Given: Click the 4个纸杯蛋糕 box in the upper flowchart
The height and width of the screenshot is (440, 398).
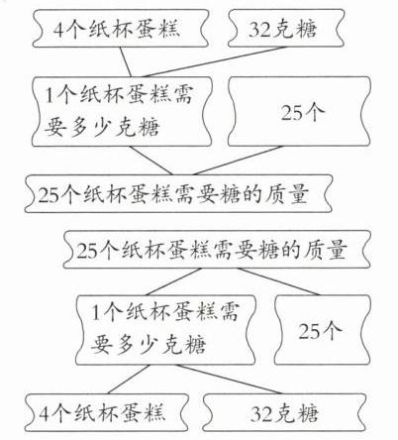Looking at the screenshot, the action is click(x=121, y=29).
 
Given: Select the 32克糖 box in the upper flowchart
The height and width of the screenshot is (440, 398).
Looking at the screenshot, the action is click(x=286, y=28).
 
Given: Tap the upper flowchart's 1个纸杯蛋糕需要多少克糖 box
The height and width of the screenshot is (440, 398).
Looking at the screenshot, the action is click(x=122, y=112).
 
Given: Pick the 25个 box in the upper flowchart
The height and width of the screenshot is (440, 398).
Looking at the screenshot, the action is click(x=299, y=112).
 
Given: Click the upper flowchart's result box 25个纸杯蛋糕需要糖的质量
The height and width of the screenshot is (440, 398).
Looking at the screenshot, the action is click(x=178, y=193).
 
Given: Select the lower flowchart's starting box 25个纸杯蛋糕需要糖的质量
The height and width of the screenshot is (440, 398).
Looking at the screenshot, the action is click(x=217, y=249).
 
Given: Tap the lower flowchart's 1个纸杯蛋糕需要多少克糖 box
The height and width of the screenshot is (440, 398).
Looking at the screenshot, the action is click(x=165, y=330).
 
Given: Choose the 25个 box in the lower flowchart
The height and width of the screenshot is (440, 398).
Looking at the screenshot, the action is click(x=322, y=330).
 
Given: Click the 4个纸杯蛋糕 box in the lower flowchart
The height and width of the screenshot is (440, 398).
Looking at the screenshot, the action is click(x=107, y=412).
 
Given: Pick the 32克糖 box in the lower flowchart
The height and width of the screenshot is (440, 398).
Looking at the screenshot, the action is click(x=284, y=412).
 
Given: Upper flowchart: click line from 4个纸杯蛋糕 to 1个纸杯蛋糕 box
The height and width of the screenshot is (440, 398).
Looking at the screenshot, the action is click(x=126, y=62).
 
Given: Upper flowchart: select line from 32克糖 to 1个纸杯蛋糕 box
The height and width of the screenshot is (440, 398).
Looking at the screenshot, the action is click(x=215, y=61).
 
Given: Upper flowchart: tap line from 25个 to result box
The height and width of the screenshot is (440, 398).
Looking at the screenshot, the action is click(x=239, y=161).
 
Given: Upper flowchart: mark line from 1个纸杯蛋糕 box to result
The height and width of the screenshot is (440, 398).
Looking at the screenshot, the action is click(x=150, y=161).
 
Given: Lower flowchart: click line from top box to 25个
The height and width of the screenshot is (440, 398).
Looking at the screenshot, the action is click(x=278, y=281).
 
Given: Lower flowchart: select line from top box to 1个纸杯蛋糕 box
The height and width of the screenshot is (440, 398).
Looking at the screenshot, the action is click(x=173, y=281).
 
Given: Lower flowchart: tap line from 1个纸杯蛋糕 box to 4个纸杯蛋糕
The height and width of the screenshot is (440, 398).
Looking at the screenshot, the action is click(x=129, y=380).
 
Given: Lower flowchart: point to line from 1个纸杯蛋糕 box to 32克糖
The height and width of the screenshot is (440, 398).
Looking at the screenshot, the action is click(x=229, y=380).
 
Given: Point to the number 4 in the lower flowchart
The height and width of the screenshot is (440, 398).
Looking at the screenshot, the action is click(x=45, y=413).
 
